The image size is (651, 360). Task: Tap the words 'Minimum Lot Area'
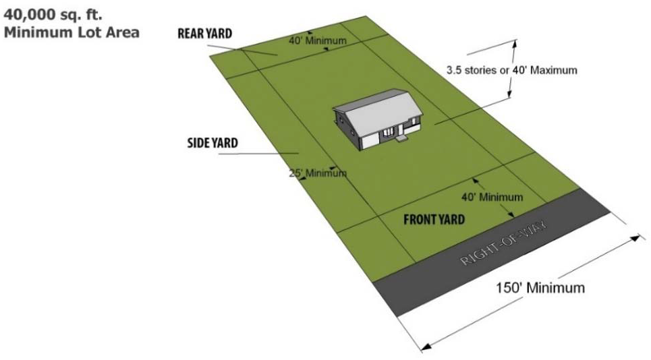pos(73,32)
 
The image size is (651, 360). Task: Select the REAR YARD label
pos(206,33)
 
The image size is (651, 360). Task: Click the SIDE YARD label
pos(212,144)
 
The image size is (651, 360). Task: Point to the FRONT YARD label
pos(434,219)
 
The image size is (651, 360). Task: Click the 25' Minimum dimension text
pos(317,173)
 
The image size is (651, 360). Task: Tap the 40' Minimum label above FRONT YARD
pos(492,198)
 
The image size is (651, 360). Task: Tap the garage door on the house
pos(369,140)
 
